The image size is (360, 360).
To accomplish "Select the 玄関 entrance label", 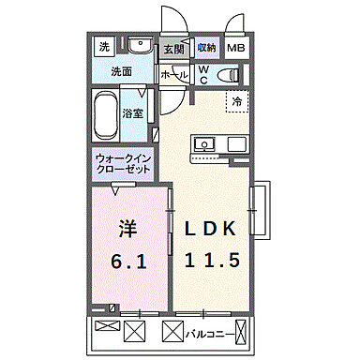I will click(172, 49).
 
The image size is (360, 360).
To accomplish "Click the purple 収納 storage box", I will click(206, 47).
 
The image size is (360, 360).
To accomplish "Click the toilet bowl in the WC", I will click(228, 75).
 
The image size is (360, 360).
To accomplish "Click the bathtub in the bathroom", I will click(107, 116).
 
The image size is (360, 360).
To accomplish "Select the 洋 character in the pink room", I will click(128, 229).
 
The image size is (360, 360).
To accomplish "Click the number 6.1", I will click(128, 263).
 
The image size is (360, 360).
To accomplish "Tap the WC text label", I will click(202, 74).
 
